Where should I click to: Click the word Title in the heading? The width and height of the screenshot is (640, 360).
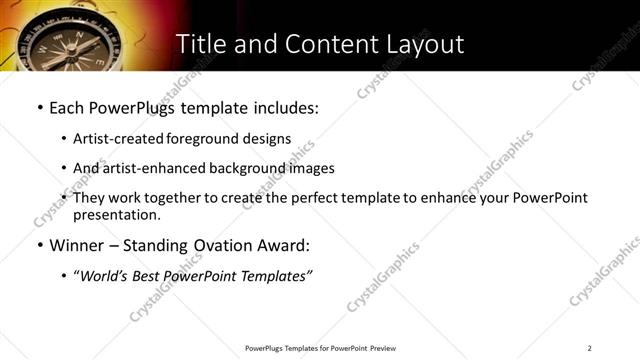pyautogui.click(x=200, y=45)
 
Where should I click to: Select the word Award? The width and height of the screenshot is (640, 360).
pyautogui.click(x=286, y=246)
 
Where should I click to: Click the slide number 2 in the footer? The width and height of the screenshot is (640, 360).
pyautogui.click(x=590, y=348)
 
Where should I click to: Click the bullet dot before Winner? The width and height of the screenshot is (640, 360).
pyautogui.click(x=39, y=246)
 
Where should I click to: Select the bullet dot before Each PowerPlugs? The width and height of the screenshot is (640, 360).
pyautogui.click(x=39, y=107)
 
